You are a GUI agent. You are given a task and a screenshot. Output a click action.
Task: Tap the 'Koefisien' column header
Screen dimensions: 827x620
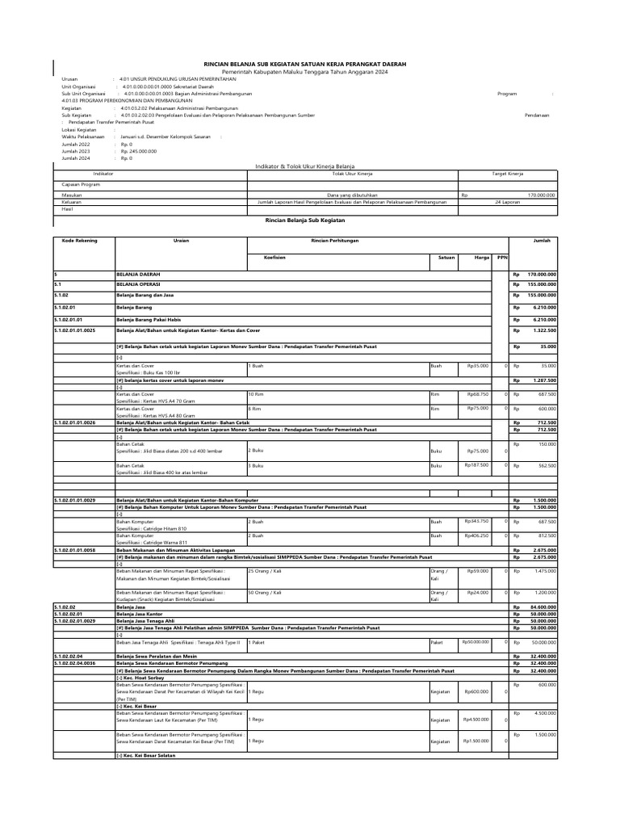275,258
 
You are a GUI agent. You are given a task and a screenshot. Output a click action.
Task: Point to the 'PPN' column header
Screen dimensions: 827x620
501,258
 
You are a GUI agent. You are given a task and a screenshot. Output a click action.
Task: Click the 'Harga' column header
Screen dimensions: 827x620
483,258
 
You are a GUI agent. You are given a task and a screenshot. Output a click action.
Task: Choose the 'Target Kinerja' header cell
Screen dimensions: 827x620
508,174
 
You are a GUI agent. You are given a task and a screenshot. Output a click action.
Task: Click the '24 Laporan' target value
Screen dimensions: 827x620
508,202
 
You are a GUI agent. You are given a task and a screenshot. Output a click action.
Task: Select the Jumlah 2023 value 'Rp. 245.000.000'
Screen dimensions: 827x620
138,151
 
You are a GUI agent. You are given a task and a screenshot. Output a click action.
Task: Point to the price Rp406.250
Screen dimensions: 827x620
477,535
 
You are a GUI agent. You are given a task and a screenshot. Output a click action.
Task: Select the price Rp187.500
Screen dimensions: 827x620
477,465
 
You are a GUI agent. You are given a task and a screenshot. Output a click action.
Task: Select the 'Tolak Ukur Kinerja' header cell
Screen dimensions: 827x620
352,174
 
